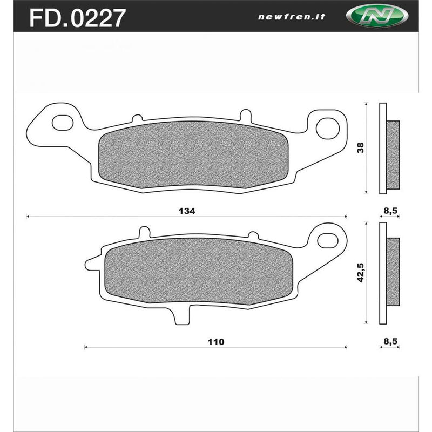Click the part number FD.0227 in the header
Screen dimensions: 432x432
pyautogui.click(x=76, y=17)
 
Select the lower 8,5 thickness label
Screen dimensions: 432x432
pyautogui.click(x=390, y=342)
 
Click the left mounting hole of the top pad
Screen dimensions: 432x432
pyautogui.click(x=63, y=122)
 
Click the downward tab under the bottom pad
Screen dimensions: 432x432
pyautogui.click(x=183, y=316)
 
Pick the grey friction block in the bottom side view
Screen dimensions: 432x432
pyautogui.click(x=393, y=271)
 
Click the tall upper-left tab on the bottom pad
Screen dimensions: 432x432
pyautogui.click(x=144, y=233)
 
